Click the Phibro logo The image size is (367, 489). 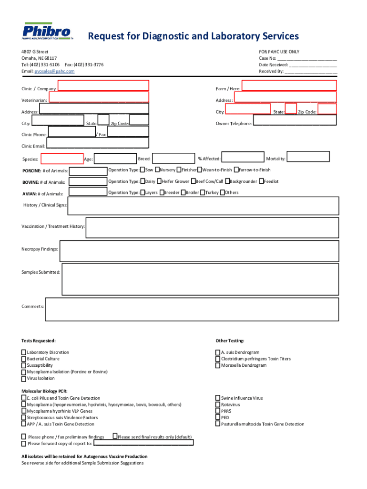48,32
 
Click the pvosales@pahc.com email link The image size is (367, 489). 54,71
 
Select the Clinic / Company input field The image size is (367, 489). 103,86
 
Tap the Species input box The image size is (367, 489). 62,159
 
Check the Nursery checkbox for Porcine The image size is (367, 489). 157,170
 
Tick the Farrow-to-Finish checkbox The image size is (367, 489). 236,170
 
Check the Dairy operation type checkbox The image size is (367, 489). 143,181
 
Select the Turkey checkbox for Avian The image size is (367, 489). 203,193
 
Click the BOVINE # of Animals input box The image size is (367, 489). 88,182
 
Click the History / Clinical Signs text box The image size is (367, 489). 204,206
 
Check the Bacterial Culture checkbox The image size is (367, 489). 24,359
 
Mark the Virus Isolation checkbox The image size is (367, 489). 24,379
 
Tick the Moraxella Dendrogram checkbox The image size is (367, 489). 218,366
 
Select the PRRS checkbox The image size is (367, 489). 218,411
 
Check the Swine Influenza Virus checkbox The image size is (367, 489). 218,398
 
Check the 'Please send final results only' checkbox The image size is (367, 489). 115,436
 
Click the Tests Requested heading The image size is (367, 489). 39,341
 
